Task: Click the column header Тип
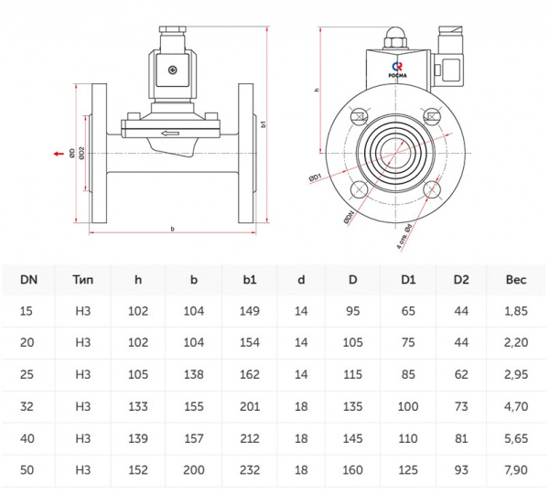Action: [82, 279]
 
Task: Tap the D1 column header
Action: [408, 279]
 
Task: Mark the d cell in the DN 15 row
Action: [301, 312]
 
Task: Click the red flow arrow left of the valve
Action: [58, 154]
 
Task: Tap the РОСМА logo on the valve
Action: [397, 69]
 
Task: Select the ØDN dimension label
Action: [348, 219]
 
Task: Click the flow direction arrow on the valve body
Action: [171, 134]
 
